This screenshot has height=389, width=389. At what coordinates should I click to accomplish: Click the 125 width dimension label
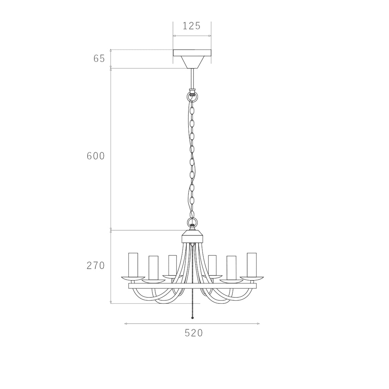(x=192, y=26)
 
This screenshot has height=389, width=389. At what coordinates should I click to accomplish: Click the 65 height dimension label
(x=99, y=59)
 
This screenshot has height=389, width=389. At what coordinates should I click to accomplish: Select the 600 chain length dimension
(x=96, y=156)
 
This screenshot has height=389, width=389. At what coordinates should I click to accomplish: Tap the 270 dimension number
(x=96, y=266)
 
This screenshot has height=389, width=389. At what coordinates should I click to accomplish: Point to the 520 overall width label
(x=194, y=333)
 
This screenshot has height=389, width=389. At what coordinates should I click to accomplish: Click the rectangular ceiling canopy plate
(x=192, y=53)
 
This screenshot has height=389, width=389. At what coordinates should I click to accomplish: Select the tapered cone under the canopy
(x=192, y=62)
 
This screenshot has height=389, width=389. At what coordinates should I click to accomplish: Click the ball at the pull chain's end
(x=192, y=318)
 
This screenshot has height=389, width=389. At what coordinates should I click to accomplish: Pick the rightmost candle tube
(x=252, y=265)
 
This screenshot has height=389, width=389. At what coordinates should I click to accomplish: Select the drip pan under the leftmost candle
(x=133, y=277)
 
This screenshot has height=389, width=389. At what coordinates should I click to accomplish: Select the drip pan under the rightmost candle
(x=252, y=277)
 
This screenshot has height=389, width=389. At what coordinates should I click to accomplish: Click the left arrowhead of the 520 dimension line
(x=126, y=324)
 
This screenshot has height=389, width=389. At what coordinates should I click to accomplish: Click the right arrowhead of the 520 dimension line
(x=259, y=324)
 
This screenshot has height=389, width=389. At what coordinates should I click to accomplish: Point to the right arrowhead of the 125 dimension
(x=210, y=36)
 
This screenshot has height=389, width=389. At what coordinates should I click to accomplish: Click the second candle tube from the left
(x=153, y=268)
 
